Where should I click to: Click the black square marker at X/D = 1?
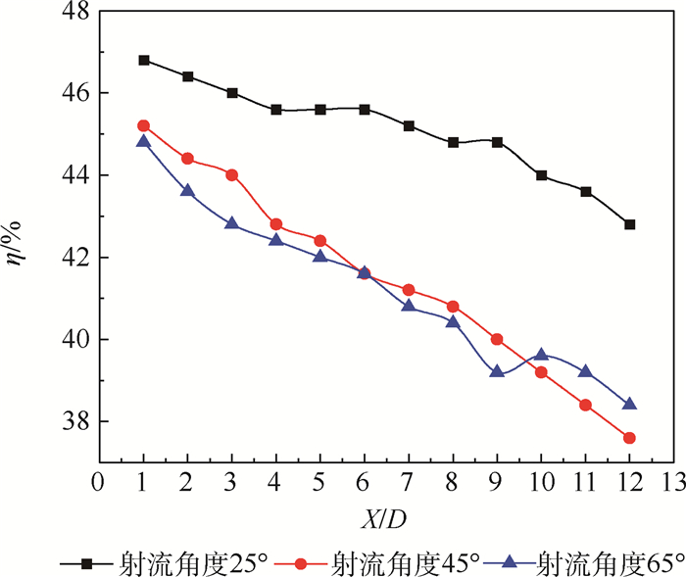(x=144, y=60)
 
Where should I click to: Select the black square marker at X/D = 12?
(x=629, y=224)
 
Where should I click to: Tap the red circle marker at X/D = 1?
(x=144, y=125)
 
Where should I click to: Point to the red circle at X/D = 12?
(x=629, y=438)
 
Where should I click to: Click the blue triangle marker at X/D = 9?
(x=497, y=371)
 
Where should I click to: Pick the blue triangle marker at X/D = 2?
(x=188, y=191)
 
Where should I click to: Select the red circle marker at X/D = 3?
(x=232, y=174)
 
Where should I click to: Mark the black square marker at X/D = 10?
(x=541, y=175)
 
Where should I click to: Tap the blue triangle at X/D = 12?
(x=629, y=404)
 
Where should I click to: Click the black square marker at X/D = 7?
(x=409, y=125)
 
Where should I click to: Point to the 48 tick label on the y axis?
(x=74, y=12)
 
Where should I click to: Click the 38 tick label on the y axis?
(x=74, y=422)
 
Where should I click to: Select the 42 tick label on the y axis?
(x=74, y=258)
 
